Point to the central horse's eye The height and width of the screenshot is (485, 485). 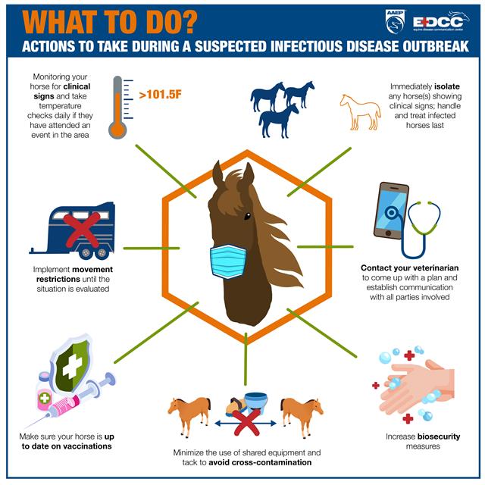(x=246, y=216)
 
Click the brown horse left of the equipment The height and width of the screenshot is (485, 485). (x=189, y=414)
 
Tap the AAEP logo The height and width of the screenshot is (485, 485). (x=396, y=21)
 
